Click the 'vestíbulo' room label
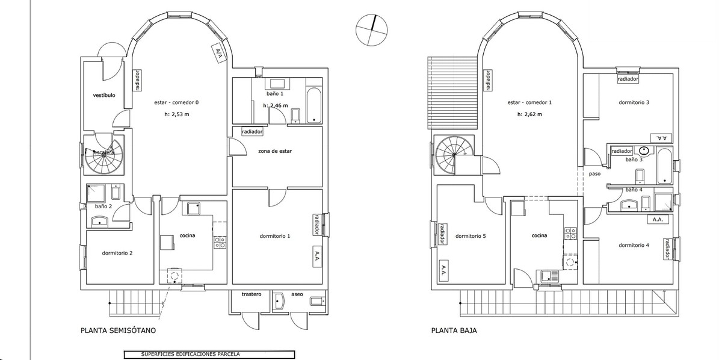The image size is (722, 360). pyautogui.click(x=104, y=96)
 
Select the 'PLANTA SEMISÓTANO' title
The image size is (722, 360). pyautogui.click(x=118, y=331)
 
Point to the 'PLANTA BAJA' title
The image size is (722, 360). pyautogui.click(x=455, y=331)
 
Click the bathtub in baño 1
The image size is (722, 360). pyautogui.click(x=314, y=106)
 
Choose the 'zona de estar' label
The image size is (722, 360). pyautogui.click(x=275, y=152)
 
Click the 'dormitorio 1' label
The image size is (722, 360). pyautogui.click(x=274, y=236)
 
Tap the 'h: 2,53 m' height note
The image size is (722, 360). pyautogui.click(x=177, y=114)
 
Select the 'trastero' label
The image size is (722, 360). pyautogui.click(x=251, y=295)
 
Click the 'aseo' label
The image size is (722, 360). pyautogui.click(x=297, y=295)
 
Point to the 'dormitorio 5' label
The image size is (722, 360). pyautogui.click(x=471, y=236)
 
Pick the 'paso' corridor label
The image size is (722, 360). pyautogui.click(x=595, y=173)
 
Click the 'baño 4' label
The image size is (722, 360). pyautogui.click(x=634, y=190)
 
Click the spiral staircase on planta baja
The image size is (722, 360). pyautogui.click(x=452, y=154)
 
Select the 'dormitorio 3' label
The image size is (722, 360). pyautogui.click(x=634, y=102)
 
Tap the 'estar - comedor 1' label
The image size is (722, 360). pyautogui.click(x=529, y=102)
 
